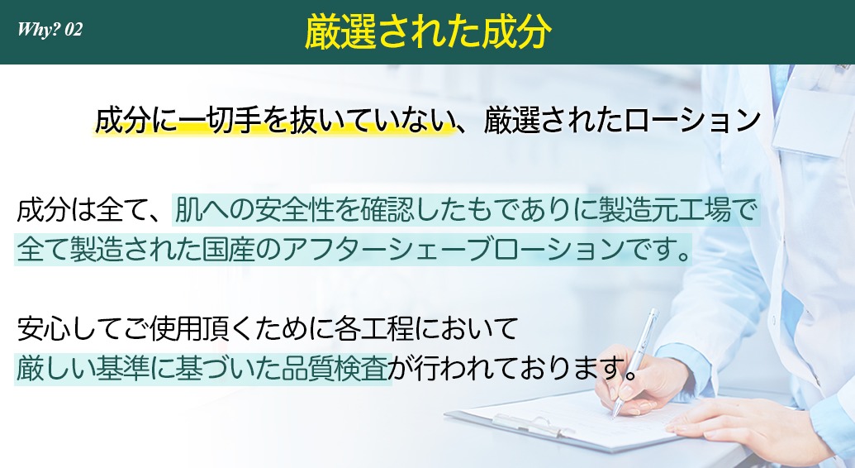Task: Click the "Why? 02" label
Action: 50,29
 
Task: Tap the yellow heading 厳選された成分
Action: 428,31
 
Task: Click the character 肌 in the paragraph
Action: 188,210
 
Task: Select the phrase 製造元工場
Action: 665,210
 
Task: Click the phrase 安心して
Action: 69,328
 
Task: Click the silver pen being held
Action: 634,361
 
